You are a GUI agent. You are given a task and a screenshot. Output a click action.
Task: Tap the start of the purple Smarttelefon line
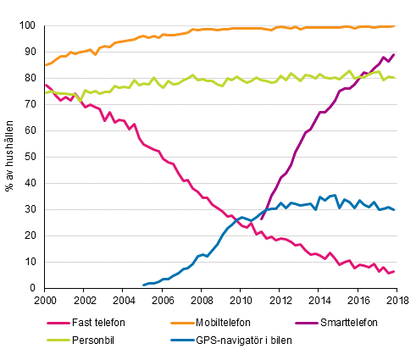pos(261,219)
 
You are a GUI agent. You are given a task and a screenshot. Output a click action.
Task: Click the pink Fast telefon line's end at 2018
pos(394,272)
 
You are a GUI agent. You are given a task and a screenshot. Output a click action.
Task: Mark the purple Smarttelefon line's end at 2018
pos(394,55)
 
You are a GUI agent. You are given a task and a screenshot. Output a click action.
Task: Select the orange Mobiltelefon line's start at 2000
pos(46,65)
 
